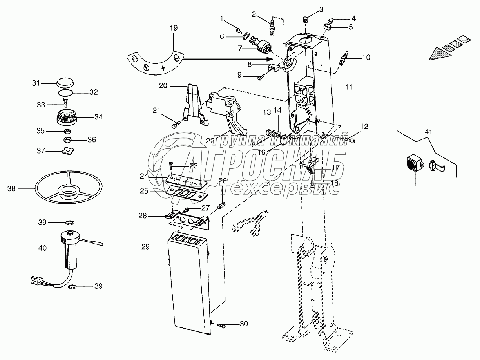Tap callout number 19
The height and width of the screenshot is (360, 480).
[x=173, y=28]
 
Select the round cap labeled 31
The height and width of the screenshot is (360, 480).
[x=65, y=83]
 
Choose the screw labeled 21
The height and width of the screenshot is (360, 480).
[x=175, y=125]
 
